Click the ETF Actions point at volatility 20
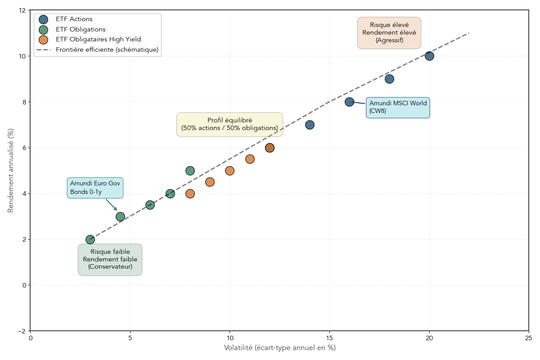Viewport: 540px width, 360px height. [429, 56]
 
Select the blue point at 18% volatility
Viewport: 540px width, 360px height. [389, 79]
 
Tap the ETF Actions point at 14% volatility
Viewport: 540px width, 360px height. [310, 125]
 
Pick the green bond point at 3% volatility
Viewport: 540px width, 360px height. [90, 239]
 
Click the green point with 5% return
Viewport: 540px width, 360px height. [190, 171]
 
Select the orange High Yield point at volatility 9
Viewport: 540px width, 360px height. [210, 182]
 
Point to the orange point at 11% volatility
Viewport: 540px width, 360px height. [250, 159]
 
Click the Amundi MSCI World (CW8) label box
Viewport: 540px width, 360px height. [398, 108]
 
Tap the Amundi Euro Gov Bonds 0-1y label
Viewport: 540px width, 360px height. [95, 188]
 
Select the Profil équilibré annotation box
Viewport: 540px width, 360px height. [229, 124]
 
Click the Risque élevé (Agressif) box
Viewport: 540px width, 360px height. [389, 33]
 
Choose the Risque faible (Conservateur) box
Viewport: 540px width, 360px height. [110, 259]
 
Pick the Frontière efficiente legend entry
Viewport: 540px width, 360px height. [107, 49]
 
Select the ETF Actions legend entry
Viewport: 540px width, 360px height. [74, 19]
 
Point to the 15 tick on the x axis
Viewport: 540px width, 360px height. [329, 338]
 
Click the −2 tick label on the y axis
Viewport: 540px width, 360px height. [22, 331]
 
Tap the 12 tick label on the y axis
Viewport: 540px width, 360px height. [22, 10]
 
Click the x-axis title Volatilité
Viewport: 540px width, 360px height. [279, 348]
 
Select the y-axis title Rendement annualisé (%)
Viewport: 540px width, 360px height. [11, 170]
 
